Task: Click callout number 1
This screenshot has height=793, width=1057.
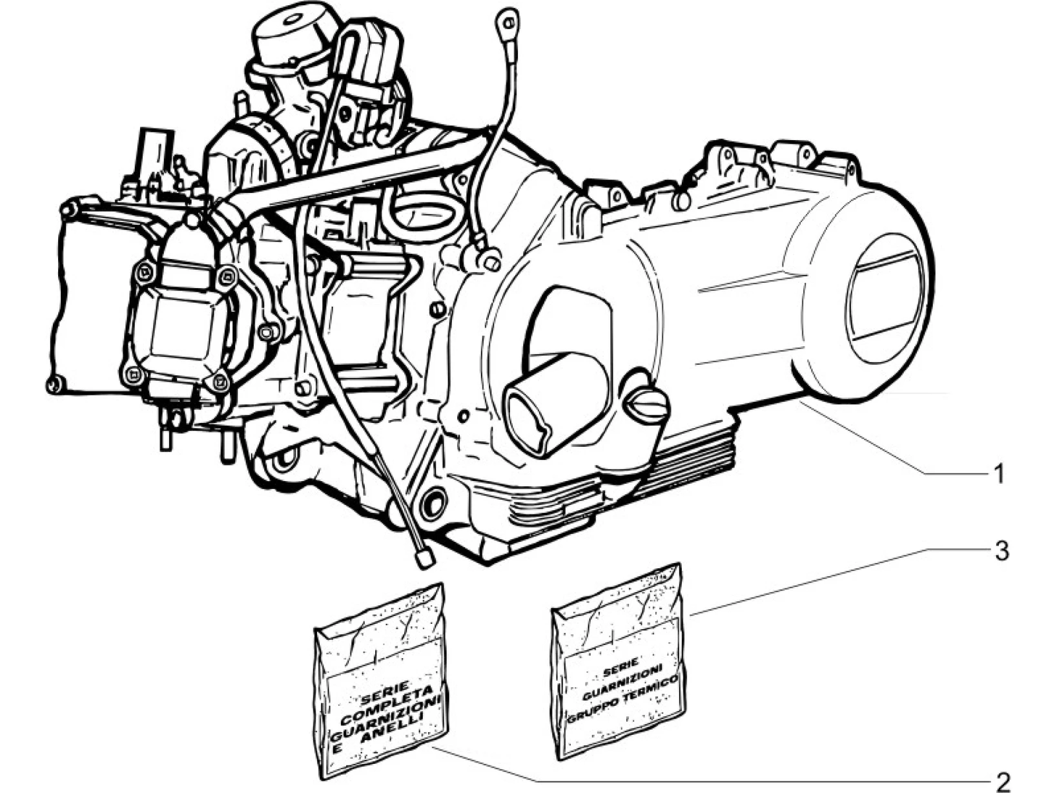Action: [x=998, y=475]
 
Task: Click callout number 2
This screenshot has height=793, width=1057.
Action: [x=1002, y=781]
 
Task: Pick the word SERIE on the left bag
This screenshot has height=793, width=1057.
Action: [x=376, y=695]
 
